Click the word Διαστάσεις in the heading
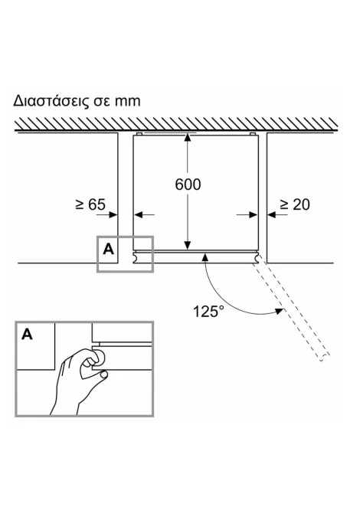tap(51, 101)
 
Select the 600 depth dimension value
tap(188, 185)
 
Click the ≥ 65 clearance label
tap(90, 204)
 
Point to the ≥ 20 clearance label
tap(295, 204)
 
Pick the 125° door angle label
tap(209, 311)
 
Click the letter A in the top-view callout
tap(108, 250)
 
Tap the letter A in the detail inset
tap(27, 335)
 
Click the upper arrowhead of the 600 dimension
tap(187, 137)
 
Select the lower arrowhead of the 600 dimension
tap(187, 245)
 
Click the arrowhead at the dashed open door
tap(279, 311)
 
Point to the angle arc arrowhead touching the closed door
tap(205, 256)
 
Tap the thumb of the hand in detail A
tap(103, 374)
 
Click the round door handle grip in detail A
tap(99, 358)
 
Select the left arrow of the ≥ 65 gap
tap(107, 214)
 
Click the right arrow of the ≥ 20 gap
tap(277, 214)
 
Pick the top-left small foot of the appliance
tap(139, 134)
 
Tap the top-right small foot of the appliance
tap(252, 134)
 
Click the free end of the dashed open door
tap(324, 358)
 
